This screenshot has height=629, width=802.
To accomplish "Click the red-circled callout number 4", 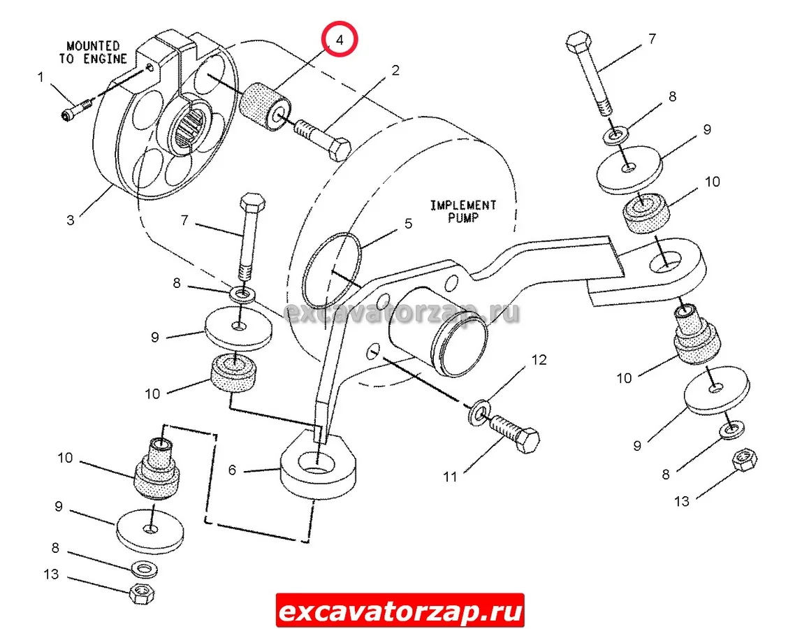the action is [339, 39].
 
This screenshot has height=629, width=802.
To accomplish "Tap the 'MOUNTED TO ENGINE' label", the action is [93, 52].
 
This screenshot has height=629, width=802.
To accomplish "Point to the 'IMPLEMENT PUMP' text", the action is [463, 211].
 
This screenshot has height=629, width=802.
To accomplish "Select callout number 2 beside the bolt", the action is [395, 70].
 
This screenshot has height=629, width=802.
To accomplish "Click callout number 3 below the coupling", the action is [71, 220].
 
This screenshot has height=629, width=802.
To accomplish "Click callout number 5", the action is [408, 224].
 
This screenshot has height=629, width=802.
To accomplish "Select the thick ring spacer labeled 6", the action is [318, 463].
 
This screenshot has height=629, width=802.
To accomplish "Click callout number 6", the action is [232, 470].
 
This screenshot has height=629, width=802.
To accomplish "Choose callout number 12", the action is [539, 360].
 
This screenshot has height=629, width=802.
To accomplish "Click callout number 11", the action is [450, 477].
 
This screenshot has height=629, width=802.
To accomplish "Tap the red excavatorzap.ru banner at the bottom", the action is [400, 610].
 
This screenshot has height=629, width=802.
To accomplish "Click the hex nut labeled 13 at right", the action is [745, 460].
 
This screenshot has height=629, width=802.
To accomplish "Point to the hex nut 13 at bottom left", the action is [143, 593].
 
